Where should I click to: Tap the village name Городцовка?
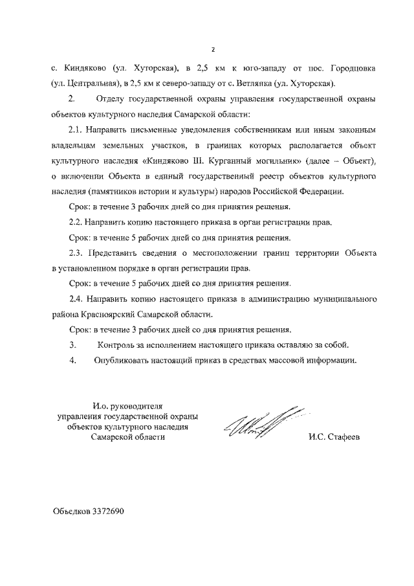coord(353,68)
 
